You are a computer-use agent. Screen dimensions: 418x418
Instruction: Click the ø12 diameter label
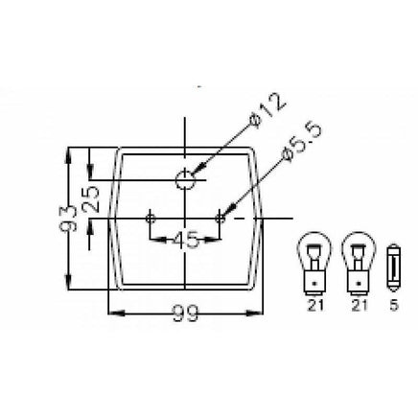(x=267, y=110)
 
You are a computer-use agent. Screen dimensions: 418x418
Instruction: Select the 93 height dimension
(x=68, y=218)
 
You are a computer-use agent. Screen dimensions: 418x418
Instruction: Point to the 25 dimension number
(x=90, y=199)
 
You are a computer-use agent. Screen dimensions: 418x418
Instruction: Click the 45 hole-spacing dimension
(x=185, y=240)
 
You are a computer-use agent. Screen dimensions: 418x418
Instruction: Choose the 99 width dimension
(x=185, y=313)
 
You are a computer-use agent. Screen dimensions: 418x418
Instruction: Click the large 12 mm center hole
(x=185, y=180)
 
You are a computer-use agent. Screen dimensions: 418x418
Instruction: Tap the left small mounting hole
(x=151, y=219)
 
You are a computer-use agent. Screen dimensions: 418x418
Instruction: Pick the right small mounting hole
(x=220, y=219)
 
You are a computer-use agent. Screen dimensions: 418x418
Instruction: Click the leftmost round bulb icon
(x=314, y=264)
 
